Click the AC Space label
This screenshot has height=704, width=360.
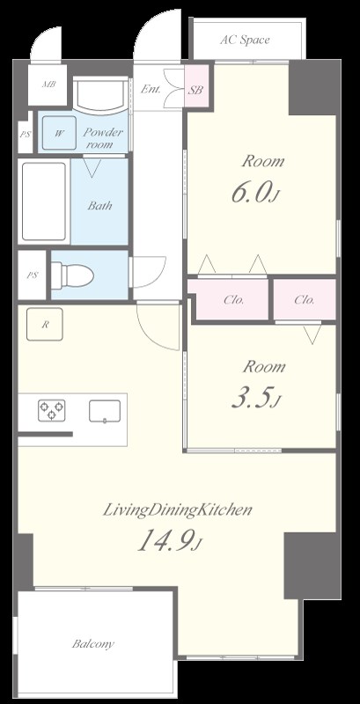tap(245, 40)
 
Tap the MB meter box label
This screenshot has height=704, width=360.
tap(48, 84)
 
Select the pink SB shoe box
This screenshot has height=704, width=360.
tap(196, 86)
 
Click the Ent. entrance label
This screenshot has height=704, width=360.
tap(151, 89)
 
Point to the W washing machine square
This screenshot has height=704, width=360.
tap(59, 133)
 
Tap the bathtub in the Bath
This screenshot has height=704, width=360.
tap(43, 202)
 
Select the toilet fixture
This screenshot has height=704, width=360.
tap(72, 274)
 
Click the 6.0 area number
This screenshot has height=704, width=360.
tap(252, 192)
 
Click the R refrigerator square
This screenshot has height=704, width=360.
tap(44, 324)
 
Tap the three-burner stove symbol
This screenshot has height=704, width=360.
tap(52, 410)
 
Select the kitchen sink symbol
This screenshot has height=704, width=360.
tap(105, 411)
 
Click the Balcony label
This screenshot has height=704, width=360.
tap(93, 644)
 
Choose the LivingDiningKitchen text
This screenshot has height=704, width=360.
tap(177, 510)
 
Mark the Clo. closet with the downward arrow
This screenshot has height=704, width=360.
tap(305, 299)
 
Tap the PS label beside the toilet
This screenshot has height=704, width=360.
tap(32, 275)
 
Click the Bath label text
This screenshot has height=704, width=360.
tap(99, 206)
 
